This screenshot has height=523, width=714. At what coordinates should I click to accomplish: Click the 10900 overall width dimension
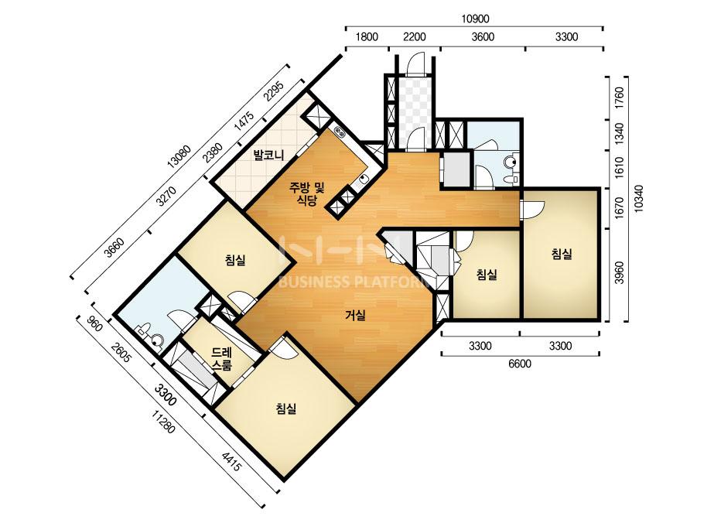[x=474, y=19]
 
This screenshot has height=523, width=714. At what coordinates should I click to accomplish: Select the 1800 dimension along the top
[x=367, y=37]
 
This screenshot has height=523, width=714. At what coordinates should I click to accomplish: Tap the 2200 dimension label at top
[x=415, y=37]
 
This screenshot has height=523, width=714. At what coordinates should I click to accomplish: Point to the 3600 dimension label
[x=483, y=37]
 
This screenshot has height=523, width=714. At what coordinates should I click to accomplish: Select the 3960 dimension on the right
[x=619, y=273]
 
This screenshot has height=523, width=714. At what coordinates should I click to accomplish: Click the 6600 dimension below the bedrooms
[x=520, y=364]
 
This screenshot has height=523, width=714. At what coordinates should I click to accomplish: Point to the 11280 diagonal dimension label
[x=164, y=422]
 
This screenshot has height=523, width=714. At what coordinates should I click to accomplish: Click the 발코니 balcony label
[x=269, y=156]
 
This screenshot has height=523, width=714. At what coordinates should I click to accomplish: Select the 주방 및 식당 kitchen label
[x=307, y=194]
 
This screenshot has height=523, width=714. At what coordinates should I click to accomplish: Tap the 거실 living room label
[x=355, y=315]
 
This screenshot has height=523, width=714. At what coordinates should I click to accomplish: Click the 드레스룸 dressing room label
[x=222, y=358]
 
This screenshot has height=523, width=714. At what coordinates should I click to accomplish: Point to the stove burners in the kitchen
[x=340, y=132]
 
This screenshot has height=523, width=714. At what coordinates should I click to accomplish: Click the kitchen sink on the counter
[x=363, y=180]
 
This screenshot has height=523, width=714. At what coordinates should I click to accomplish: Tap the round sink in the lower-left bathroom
[x=157, y=340]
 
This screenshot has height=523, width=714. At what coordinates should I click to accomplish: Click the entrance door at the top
[x=415, y=63]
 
